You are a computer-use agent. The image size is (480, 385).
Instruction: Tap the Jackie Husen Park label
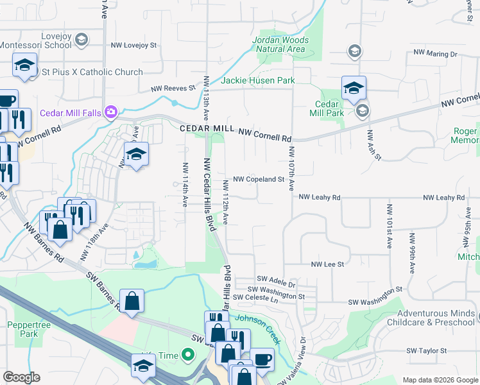click(x=258, y=81)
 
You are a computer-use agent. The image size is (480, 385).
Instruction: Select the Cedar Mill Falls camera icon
click(x=112, y=112)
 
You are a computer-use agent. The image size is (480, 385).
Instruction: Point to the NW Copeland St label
click(x=258, y=180)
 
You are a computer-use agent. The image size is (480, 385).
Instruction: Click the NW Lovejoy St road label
click(x=134, y=46)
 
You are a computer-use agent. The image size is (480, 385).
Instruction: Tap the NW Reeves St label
click(x=173, y=89)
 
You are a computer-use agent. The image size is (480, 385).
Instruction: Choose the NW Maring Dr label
click(x=435, y=53)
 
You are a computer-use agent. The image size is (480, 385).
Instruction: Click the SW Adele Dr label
click(x=276, y=279)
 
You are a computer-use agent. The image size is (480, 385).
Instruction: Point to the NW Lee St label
click(x=328, y=264)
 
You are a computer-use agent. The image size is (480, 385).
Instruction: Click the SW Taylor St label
click(x=426, y=351)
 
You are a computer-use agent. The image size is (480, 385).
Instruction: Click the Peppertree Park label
click(x=24, y=330)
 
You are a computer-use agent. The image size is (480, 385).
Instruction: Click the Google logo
click(x=21, y=377)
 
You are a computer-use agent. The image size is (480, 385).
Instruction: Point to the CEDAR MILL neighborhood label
click(x=207, y=128)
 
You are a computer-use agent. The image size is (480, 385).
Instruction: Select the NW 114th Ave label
click(x=185, y=193)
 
